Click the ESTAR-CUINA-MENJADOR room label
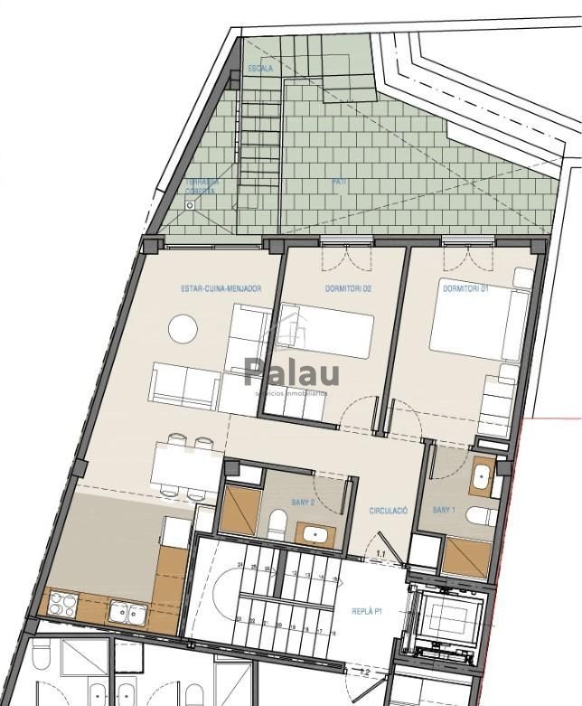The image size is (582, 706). coord(221,289)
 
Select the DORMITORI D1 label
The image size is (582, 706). coord(465,289)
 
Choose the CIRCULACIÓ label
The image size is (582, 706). coord(389,512)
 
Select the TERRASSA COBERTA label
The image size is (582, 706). coord(201,186)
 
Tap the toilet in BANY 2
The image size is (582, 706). coord(278,524)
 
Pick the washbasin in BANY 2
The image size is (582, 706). coord(315,532)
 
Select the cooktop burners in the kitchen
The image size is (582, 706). coord(62,604)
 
